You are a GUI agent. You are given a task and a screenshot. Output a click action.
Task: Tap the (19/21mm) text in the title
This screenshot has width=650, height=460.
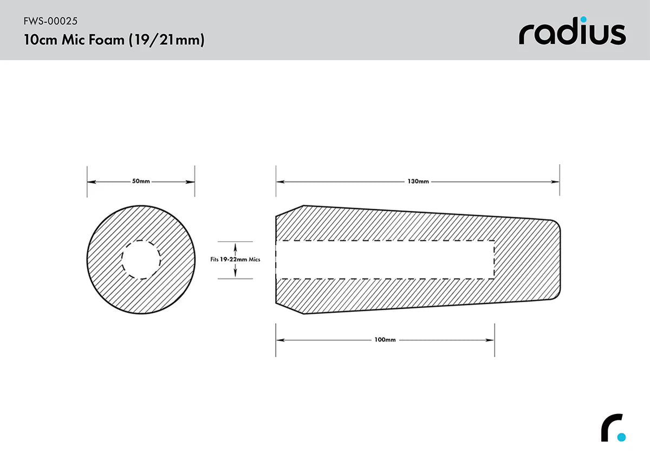[166, 41]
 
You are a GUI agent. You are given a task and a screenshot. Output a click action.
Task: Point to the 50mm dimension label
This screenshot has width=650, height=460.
[141, 182]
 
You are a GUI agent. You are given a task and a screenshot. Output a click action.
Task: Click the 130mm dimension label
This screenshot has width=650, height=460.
[418, 182]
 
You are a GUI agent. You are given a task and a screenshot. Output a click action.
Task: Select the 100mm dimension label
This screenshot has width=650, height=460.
[385, 340]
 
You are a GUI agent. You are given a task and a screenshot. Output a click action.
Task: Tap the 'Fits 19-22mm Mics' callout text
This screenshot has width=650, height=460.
[235, 260]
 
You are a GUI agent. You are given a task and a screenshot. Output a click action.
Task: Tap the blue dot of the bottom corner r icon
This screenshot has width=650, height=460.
[621, 437]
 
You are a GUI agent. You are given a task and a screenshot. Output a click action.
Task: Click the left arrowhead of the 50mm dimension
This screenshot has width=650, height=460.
[90, 182]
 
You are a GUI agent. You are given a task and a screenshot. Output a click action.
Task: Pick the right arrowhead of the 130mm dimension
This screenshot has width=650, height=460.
[556, 182]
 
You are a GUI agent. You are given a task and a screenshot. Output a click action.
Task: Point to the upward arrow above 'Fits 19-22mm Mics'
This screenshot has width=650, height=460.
[235, 245]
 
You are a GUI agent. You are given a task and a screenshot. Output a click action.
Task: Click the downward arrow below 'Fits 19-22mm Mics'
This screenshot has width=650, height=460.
[235, 274]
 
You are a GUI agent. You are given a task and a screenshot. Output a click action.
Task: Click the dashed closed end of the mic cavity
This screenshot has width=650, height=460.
[494, 260]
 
